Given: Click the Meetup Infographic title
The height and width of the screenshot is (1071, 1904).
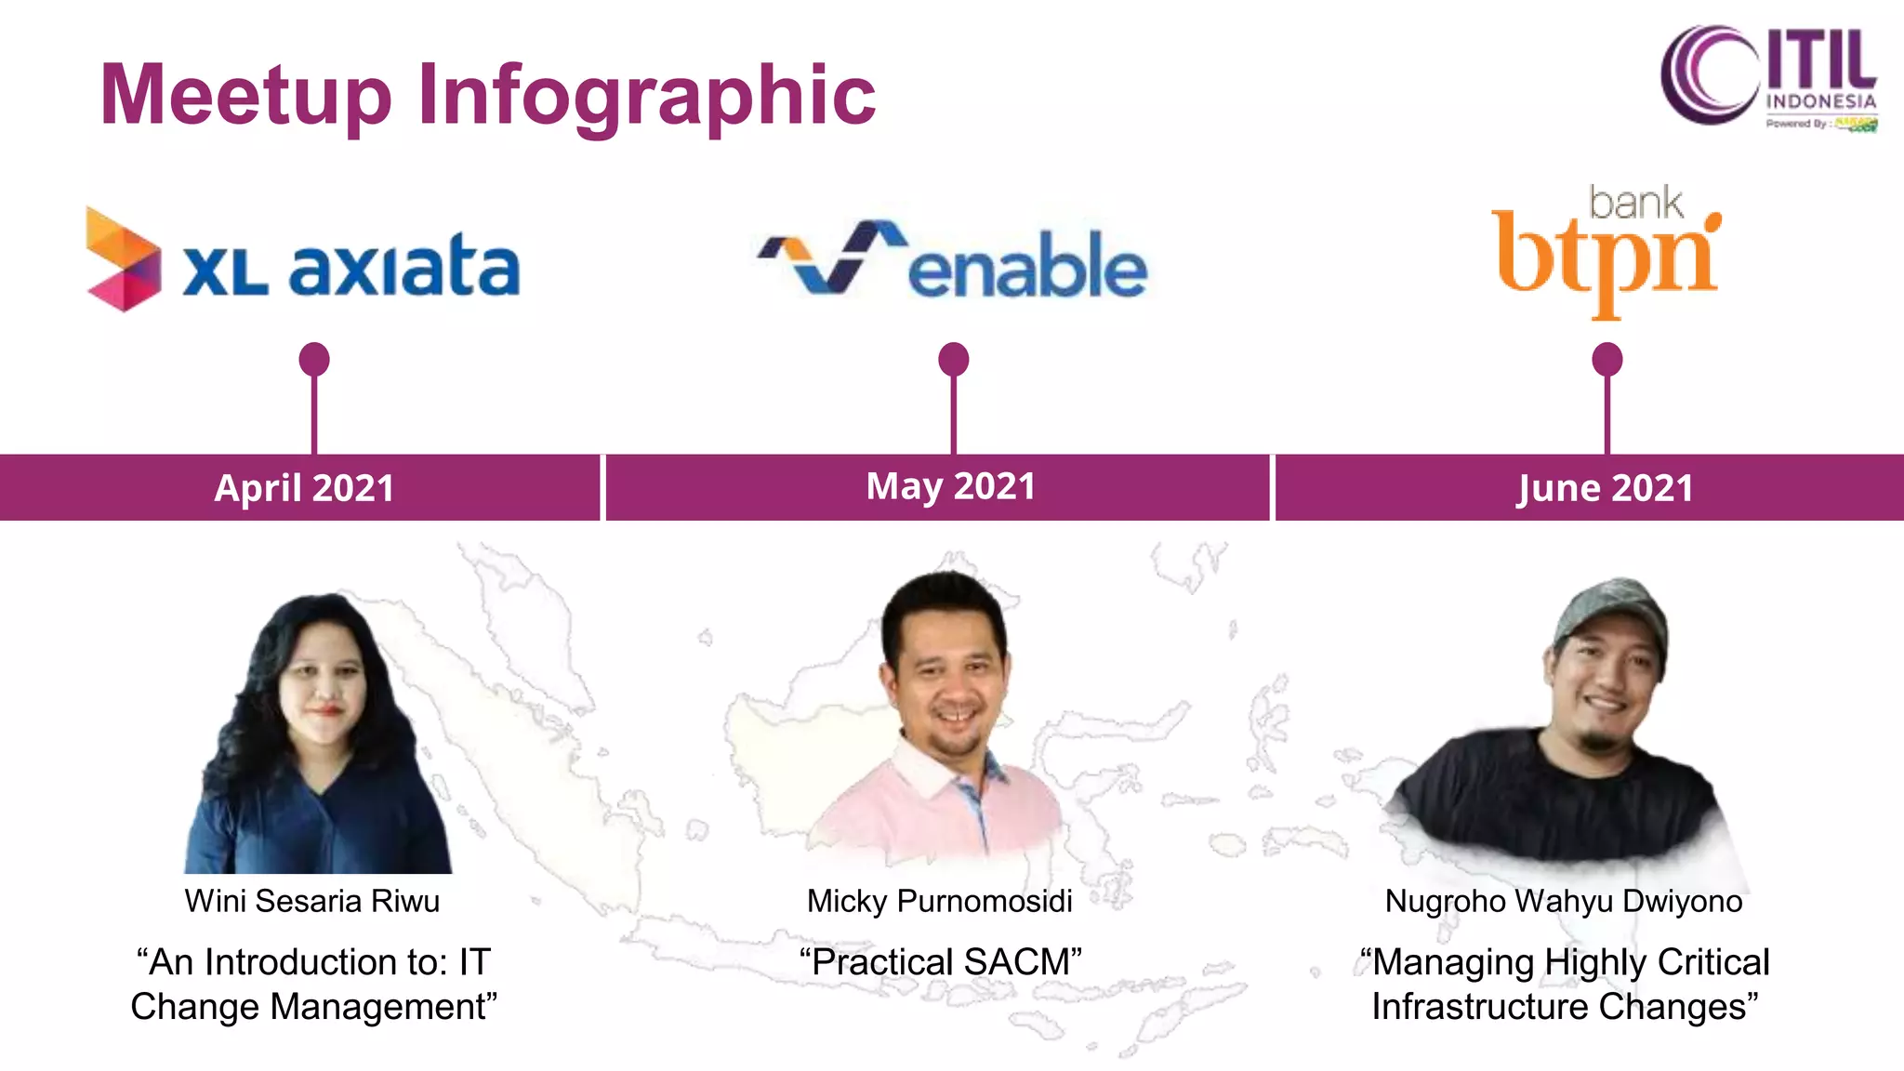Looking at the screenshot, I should tap(487, 95).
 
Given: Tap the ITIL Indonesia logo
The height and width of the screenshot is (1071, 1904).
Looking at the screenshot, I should tap(1768, 78).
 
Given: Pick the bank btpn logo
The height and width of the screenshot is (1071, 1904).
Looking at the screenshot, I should tap(1606, 251).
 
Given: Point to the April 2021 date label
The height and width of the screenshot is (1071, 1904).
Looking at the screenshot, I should tap(304, 488).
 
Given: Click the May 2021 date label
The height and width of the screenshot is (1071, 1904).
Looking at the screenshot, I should tap(950, 486).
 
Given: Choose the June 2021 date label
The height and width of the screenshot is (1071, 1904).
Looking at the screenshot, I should tap(1605, 488).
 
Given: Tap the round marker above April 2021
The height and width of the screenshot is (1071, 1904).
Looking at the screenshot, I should tap(314, 359).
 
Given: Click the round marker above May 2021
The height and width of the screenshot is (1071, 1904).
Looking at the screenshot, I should tap(954, 359).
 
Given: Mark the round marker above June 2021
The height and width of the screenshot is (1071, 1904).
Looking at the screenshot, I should tap(1607, 359).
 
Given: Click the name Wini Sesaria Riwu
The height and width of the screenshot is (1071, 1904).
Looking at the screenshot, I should tap(312, 901).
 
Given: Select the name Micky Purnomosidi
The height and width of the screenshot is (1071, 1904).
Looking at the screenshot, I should tap(939, 901).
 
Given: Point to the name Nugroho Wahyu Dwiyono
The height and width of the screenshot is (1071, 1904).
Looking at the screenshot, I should tap(1564, 901).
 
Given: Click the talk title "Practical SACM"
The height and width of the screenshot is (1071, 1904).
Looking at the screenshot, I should tap(941, 962).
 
